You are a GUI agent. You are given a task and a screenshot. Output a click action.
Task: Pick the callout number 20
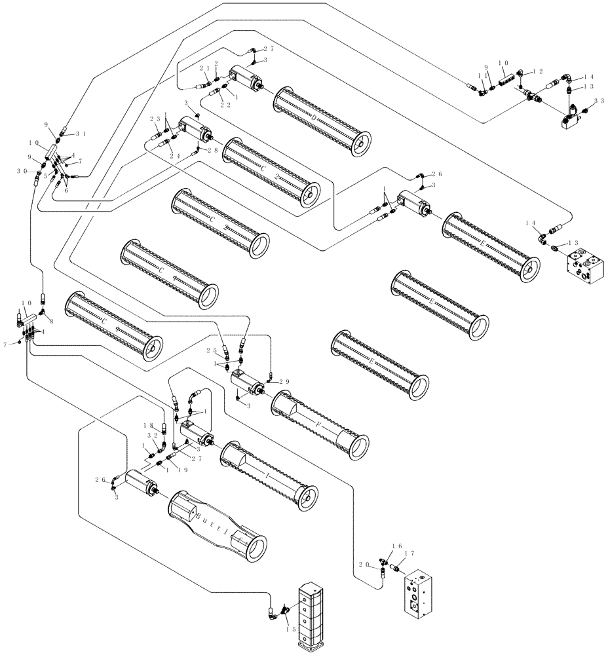tap(364, 563)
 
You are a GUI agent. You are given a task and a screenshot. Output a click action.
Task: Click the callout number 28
tap(212, 151)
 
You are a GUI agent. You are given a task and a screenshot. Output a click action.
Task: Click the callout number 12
tap(537, 71)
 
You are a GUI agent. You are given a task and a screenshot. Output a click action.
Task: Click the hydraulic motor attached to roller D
tap(246, 79)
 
